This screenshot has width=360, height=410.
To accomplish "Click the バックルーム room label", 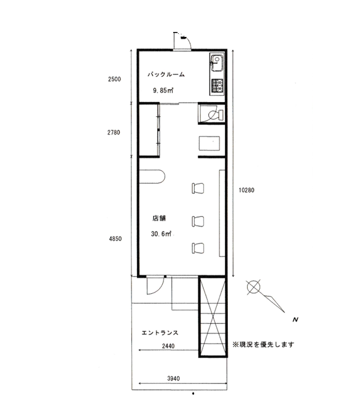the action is point(166,74).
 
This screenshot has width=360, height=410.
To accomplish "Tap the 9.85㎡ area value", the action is point(163,90).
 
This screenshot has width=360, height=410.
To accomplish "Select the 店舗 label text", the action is point(159,218).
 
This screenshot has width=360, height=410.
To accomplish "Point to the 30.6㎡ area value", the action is point(161,234).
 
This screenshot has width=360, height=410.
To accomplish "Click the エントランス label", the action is point(160,333).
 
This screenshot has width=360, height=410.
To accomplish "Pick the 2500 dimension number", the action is point(114,79).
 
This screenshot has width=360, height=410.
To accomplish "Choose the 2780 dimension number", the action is point(114,133).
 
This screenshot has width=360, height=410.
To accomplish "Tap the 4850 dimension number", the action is point(115,239).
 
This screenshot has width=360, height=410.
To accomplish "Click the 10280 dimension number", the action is point(246,190).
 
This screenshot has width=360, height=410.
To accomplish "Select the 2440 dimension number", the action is point(168,346).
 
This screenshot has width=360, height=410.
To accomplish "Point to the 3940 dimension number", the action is point(173,379).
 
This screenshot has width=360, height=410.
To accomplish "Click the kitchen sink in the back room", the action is point(217,63).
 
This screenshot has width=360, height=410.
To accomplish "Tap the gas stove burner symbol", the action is point(217,85).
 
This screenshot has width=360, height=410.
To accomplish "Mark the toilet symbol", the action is point(215,114).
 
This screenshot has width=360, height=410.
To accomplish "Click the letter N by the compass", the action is point(295,320).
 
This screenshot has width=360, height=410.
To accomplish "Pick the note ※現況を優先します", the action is point(264,345).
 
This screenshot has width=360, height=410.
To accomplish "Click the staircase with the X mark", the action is point(213,317).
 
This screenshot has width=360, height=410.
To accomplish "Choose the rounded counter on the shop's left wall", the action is point(152,177).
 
